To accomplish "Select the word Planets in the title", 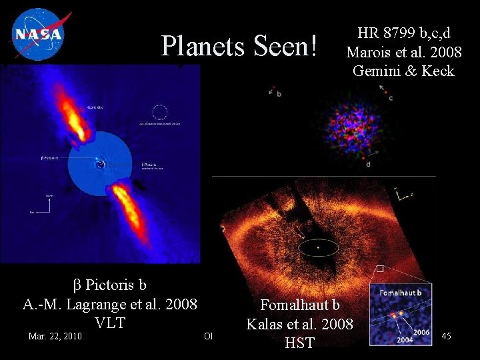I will point(204,46).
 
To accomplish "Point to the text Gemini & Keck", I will point(403,71).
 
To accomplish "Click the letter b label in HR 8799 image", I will point(279,94).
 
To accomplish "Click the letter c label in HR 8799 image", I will point(391,98).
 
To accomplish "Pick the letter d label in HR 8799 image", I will point(368,163).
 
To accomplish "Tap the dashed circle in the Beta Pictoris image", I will point(160,113).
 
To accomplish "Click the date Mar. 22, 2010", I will point(55,336).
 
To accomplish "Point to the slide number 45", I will point(446,336).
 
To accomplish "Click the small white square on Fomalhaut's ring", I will point(379,269).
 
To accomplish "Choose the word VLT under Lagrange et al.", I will point(110,323).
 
